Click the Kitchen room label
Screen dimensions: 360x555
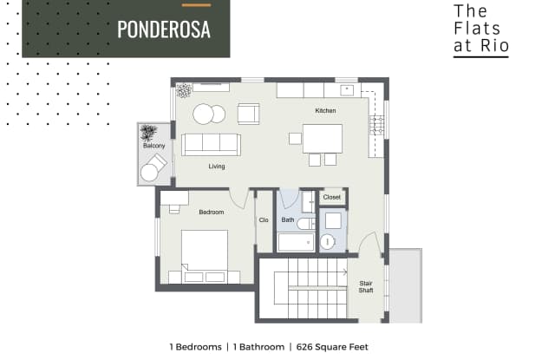point(325,111)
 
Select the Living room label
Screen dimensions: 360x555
point(217,166)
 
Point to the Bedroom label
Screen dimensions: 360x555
point(212,212)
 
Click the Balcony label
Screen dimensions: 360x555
point(153,146)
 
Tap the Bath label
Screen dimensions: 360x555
point(287,220)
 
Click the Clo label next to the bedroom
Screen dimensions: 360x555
point(264,220)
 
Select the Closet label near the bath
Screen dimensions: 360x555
point(332,198)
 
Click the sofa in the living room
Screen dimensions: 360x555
point(210,144)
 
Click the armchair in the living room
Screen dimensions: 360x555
point(248,114)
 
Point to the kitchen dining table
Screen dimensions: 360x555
point(322,139)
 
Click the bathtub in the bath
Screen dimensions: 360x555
point(297,242)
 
